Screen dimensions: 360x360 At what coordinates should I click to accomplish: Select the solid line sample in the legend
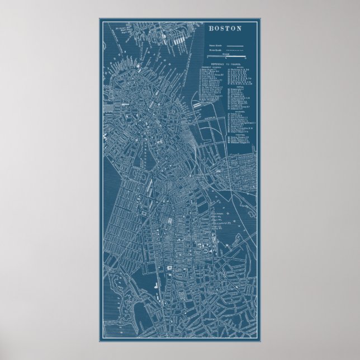(234, 44)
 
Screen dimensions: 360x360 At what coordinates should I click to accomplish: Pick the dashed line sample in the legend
(234, 50)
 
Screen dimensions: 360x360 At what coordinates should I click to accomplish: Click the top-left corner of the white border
(100, 18)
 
